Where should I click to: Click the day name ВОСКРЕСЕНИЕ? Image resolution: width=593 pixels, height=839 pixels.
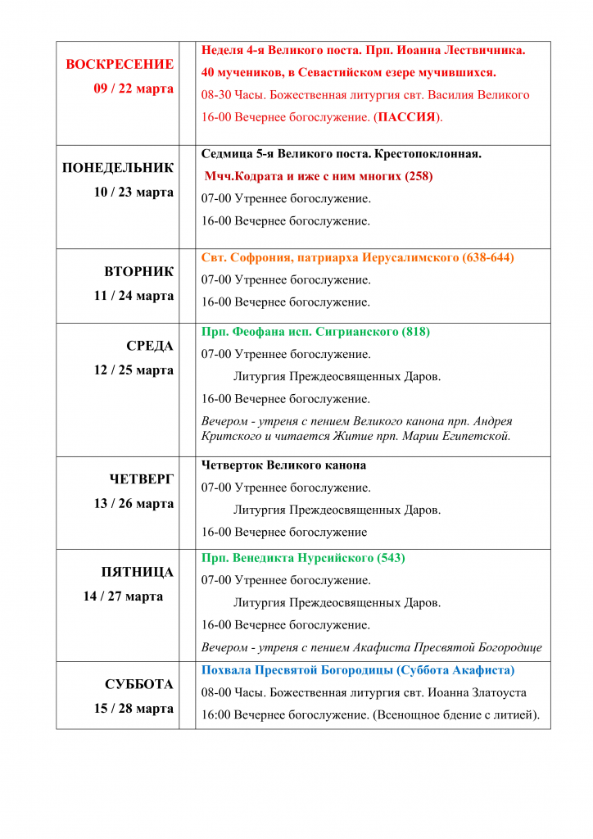[x=120, y=65]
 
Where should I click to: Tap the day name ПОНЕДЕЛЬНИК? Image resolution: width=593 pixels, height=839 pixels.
[x=118, y=168]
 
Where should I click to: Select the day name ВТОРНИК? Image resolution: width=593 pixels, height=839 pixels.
[x=139, y=271]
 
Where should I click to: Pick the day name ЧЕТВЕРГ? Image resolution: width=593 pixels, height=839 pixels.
[x=142, y=479]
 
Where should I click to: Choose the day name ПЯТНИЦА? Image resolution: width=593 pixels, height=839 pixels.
[x=137, y=572]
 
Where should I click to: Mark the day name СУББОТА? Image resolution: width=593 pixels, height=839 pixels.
[x=139, y=684]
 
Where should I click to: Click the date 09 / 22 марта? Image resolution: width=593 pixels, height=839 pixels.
[x=134, y=88]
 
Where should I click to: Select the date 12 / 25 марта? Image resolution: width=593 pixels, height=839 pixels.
[x=134, y=370]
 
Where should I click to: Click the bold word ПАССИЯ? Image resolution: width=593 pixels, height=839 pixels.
[x=406, y=117]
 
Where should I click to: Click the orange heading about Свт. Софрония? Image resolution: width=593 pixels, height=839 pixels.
[x=357, y=257]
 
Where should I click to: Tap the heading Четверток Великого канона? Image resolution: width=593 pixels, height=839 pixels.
[x=283, y=465]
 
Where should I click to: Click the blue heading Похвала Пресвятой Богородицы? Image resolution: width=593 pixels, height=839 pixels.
[x=358, y=670]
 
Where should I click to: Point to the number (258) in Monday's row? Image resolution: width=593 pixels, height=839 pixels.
[x=419, y=176]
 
